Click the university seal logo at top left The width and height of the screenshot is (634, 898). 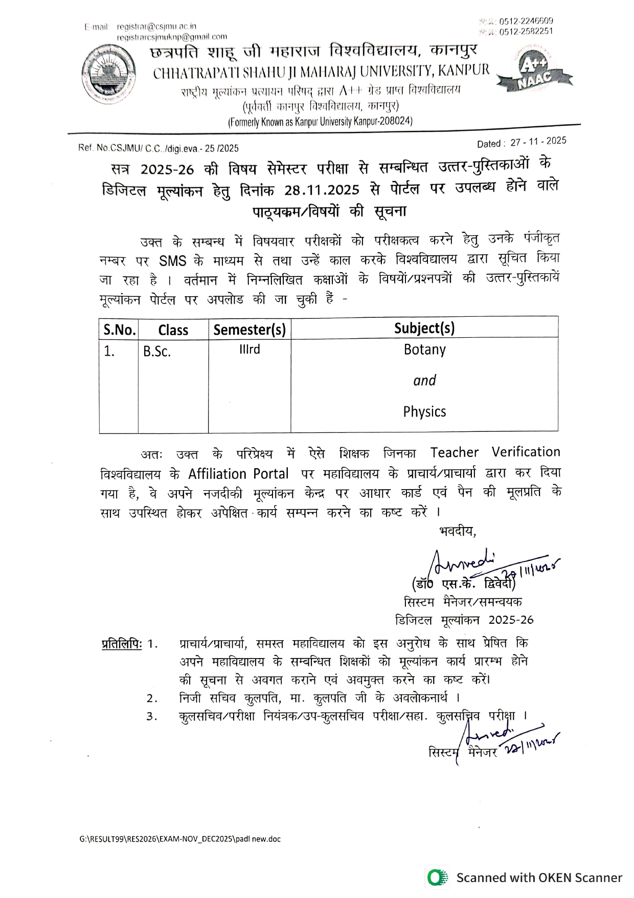click(109, 74)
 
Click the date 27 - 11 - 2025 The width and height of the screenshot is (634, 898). click(538, 141)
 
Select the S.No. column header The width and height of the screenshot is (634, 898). click(119, 330)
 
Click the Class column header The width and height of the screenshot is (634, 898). click(173, 330)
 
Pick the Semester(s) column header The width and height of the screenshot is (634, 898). click(250, 330)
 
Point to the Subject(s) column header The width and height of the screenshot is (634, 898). click(424, 328)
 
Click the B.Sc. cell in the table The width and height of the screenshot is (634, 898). click(156, 352)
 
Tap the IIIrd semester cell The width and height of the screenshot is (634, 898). click(250, 349)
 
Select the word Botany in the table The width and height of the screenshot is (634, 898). click(424, 349)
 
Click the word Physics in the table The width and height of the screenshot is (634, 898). click(424, 411)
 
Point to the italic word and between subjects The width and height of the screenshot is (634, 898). click(424, 380)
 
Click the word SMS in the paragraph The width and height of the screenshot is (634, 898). click(172, 261)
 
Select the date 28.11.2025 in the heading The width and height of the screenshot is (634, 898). click(322, 190)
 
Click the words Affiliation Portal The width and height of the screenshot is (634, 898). click(238, 474)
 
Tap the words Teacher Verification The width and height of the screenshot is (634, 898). click(495, 452)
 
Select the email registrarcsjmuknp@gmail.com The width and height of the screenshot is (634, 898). click(172, 37)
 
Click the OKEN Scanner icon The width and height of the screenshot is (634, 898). click(436, 878)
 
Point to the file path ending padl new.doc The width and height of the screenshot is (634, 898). click(180, 839)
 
